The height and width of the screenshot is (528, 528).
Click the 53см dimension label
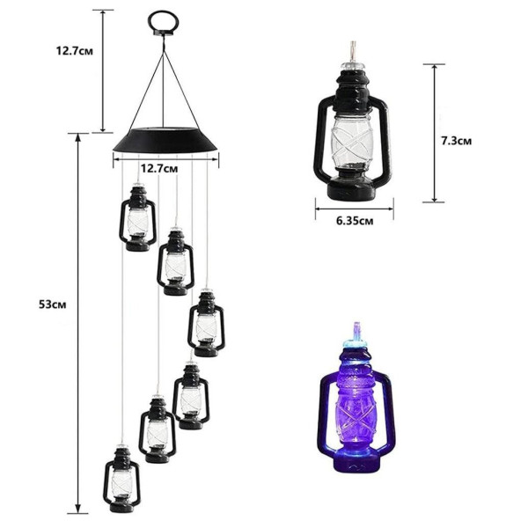[53, 304]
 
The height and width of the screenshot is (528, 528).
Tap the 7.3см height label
[457, 141]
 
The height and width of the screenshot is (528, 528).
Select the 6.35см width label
[355, 221]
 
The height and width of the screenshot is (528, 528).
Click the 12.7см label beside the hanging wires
[75, 51]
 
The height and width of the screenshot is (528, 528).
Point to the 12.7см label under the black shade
[159, 168]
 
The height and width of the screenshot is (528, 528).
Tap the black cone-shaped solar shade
[165, 141]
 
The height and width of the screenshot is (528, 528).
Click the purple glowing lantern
[355, 398]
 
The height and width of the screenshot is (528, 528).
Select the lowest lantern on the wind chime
[121, 478]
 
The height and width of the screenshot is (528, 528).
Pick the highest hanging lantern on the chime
[138, 217]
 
